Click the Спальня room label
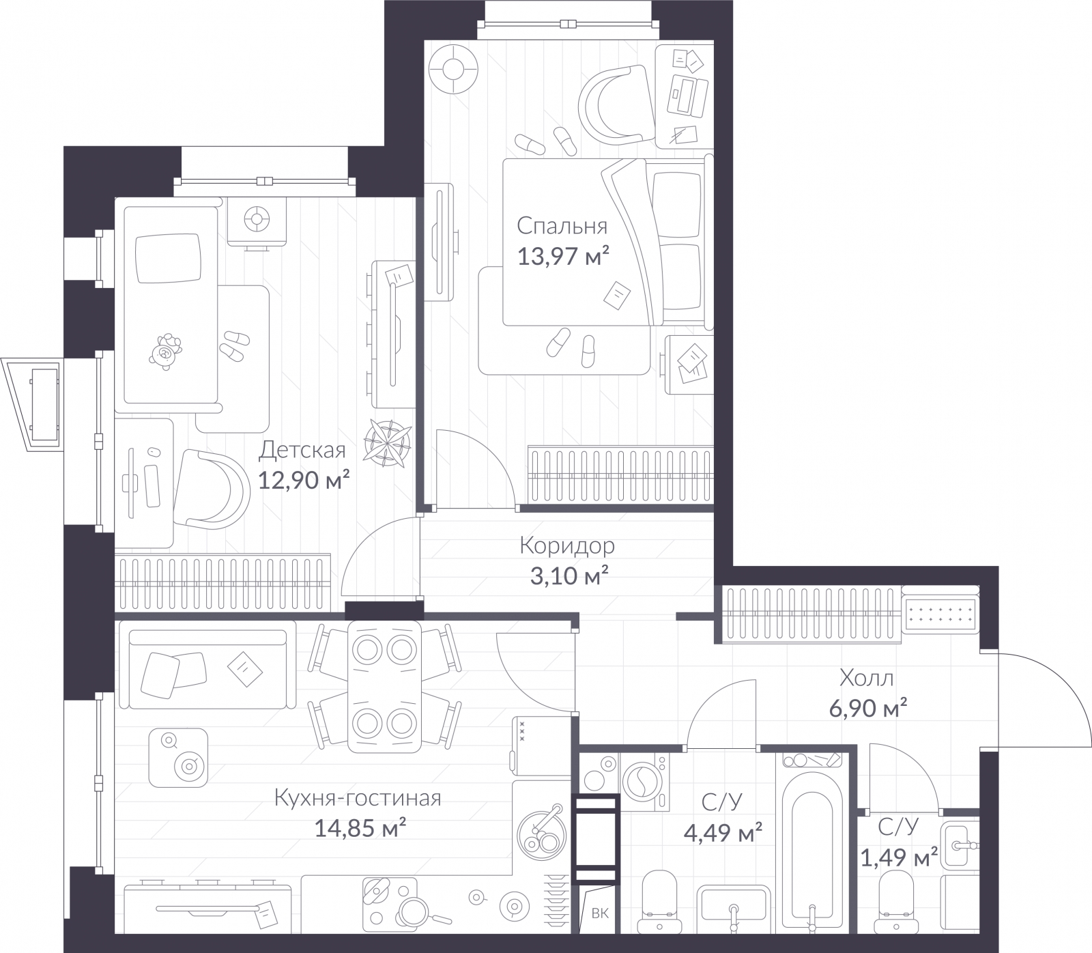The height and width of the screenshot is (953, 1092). click(x=561, y=226)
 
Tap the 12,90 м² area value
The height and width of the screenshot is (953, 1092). click(x=304, y=481)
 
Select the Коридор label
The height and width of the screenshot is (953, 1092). click(x=566, y=545)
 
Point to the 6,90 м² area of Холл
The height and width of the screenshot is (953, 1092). click(x=867, y=709)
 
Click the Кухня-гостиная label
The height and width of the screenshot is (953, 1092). click(x=357, y=797)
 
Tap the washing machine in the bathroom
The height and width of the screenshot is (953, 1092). click(x=644, y=781)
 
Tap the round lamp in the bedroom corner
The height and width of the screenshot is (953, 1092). click(x=452, y=69)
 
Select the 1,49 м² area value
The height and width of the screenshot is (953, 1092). click(x=898, y=858)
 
